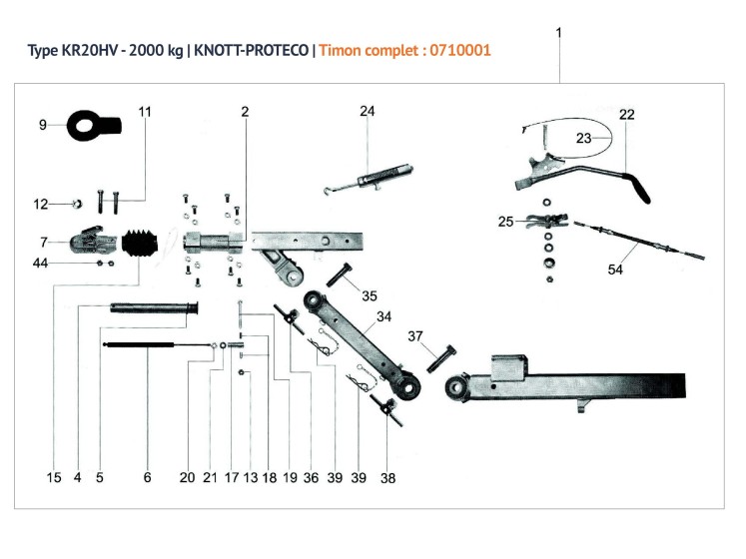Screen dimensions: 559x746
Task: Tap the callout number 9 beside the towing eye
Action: point(43,125)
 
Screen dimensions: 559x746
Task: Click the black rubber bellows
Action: point(144,245)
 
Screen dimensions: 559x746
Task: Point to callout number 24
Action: point(367,111)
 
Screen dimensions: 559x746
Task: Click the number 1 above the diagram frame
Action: point(559,32)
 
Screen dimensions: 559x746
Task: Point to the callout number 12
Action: point(40,204)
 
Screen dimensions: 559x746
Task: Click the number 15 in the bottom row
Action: point(54,478)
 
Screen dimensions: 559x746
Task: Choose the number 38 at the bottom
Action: point(387,478)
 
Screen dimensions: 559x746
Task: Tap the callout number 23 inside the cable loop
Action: point(584,139)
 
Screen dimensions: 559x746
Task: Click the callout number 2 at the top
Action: point(245,111)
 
